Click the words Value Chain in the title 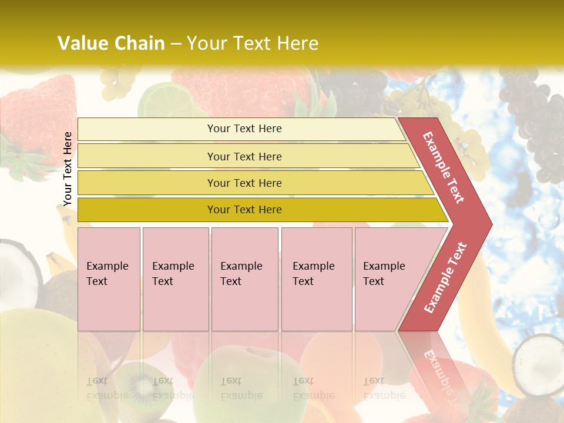(111, 43)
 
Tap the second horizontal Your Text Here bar (244, 156)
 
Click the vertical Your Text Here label (68, 169)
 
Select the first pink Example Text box (109, 278)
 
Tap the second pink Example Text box (175, 278)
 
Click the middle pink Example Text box (244, 278)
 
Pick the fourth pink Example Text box (316, 278)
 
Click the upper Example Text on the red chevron (444, 167)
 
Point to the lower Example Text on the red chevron (445, 277)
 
